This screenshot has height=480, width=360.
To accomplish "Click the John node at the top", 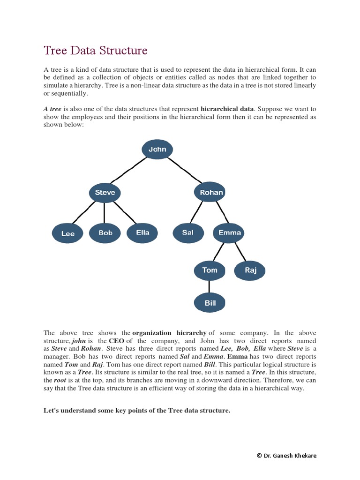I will point(157,150).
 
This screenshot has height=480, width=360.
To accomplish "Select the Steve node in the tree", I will point(105,192).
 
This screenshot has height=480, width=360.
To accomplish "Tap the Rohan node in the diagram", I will point(209,192).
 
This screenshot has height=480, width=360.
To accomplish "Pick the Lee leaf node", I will point(68,233).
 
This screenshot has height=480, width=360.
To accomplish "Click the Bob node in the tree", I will point(105,233).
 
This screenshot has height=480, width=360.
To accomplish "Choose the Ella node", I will point(142,233).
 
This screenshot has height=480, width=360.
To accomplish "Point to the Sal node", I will point(188,233).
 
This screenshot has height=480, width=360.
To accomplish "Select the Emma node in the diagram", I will point(230,232).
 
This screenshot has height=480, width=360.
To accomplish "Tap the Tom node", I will point(210,270).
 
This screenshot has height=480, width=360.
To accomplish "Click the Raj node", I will point(251,270).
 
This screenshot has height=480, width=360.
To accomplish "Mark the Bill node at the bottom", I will point(210,303).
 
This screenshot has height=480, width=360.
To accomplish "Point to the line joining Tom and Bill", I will point(210,286).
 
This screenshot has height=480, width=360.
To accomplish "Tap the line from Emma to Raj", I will point(240,252).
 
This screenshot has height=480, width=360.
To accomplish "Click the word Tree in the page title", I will point(54,50).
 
